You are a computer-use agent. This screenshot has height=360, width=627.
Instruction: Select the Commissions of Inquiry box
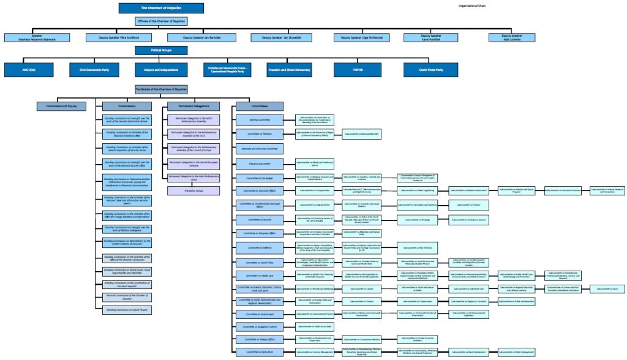[62, 106]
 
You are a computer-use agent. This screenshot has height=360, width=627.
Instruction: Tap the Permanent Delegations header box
[193, 106]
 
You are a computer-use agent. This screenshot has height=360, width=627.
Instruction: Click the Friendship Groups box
[193, 190]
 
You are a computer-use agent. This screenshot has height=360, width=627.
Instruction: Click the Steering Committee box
[259, 119]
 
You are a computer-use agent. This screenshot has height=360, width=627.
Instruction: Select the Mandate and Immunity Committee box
[259, 149]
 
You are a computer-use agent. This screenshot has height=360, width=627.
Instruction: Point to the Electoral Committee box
[259, 163]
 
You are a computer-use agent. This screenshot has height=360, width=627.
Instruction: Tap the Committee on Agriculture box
[259, 352]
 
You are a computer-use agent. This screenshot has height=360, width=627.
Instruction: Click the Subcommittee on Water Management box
[519, 352]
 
